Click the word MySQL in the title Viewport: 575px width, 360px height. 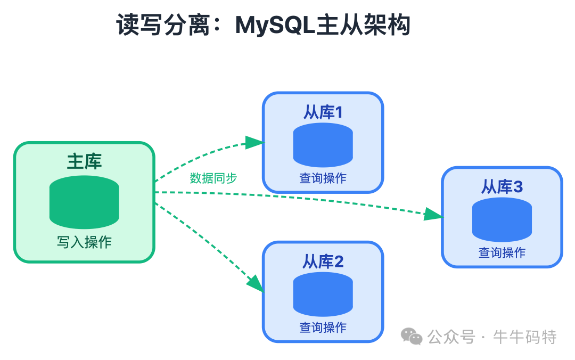275,26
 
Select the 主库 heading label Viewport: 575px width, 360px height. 84,161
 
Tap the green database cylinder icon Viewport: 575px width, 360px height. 84,202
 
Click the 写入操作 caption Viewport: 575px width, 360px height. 84,242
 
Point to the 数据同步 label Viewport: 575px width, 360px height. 213,178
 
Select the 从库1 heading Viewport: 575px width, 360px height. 323,112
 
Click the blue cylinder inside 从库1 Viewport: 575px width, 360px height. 323,145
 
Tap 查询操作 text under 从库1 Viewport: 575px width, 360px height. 323,178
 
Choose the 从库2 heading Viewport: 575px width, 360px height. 323,261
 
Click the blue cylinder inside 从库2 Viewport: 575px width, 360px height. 323,294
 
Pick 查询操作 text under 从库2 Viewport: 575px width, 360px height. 323,328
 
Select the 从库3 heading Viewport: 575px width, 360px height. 502,187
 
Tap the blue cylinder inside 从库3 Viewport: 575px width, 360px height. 502,219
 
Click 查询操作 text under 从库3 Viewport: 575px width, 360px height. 502,253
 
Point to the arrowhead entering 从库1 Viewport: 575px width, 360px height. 254,142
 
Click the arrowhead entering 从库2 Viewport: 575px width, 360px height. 256,284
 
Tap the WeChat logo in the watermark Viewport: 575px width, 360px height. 412,336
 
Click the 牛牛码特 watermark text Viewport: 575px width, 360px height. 524,337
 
